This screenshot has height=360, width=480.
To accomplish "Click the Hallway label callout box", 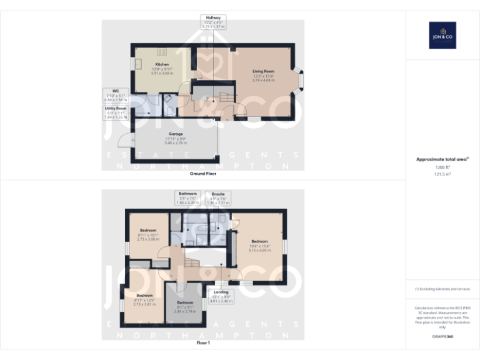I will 212,22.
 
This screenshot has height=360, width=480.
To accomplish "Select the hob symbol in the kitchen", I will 161,52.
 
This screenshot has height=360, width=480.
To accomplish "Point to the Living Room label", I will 263,71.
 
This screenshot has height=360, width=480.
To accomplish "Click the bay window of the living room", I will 301,80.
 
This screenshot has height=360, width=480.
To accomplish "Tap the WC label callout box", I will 116,95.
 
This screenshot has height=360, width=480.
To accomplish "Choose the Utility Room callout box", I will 115,112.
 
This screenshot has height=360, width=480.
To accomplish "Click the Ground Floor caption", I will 203,173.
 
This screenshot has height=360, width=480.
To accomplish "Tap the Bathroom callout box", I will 187,198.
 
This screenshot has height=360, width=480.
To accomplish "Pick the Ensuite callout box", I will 218,198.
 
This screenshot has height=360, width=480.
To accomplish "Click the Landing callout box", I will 221,296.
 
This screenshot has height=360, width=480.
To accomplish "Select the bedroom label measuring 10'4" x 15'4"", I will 259,246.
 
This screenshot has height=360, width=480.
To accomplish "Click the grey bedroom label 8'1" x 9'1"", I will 185,306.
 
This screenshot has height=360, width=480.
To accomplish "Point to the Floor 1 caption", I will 203,343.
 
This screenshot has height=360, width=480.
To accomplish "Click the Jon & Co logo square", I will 442,36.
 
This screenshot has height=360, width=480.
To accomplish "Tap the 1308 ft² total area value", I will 442,168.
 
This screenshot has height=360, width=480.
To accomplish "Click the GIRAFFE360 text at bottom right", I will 442,338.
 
